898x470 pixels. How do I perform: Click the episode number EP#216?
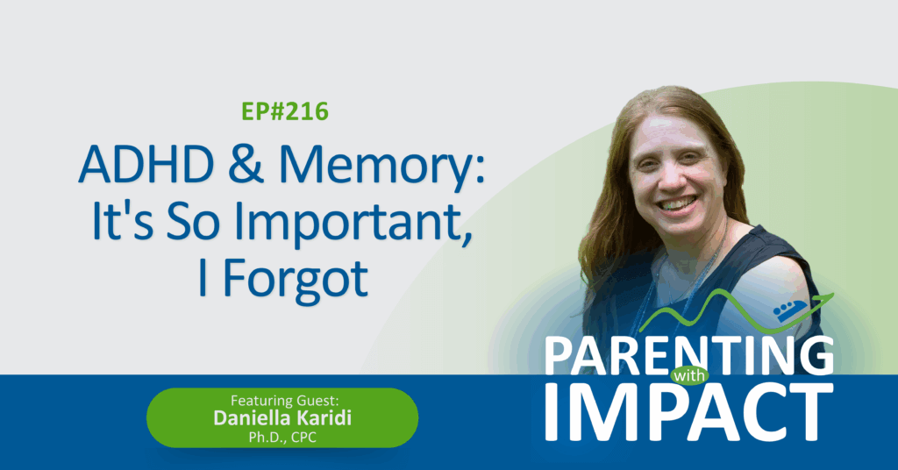click(x=285, y=111)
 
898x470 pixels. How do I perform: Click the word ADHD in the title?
click(x=146, y=165)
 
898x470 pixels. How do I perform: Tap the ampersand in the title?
click(x=246, y=165)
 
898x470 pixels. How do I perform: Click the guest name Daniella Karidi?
click(x=282, y=418)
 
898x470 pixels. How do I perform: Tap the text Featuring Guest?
click(x=285, y=400)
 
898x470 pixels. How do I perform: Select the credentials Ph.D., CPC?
click(x=282, y=438)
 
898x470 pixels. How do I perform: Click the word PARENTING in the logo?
click(x=689, y=355)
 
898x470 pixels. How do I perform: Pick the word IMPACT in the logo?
click(x=689, y=412)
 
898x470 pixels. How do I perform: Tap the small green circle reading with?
click(x=689, y=376)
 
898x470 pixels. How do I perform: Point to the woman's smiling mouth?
click(x=677, y=203)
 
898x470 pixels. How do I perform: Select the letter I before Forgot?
click(x=202, y=280)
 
